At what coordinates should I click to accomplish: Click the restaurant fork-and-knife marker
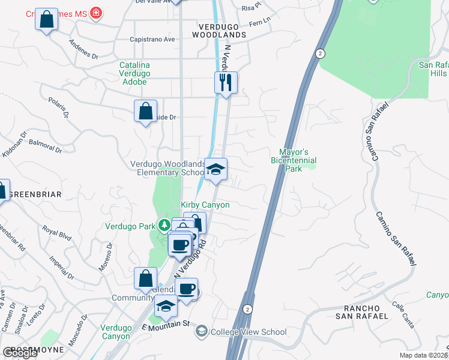tap(226, 82)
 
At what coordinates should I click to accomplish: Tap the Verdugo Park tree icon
tap(164, 226)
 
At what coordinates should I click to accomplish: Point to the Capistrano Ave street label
tap(152, 40)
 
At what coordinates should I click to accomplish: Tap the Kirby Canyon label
tap(205, 205)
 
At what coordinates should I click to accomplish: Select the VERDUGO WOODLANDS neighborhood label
tap(219, 31)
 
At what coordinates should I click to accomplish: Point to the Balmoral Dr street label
tap(45, 146)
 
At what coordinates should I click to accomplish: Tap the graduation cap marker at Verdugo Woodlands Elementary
tap(215, 169)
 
